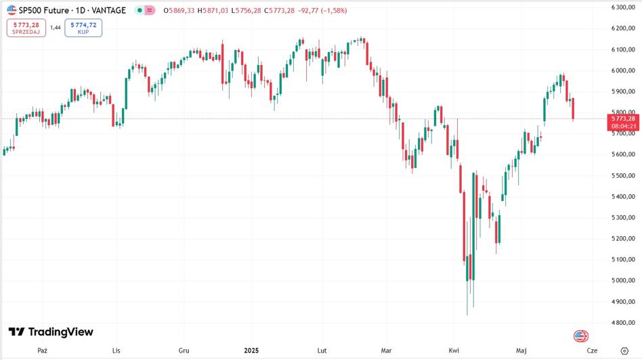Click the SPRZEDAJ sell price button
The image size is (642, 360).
tap(26, 28)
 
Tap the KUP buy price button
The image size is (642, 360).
tap(83, 28)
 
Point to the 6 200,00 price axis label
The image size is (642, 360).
tap(622, 28)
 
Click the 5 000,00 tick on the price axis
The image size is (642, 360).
tap(622, 281)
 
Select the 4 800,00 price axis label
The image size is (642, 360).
tap(622, 323)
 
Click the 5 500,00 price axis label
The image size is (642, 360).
tap(622, 176)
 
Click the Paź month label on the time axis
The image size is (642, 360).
tap(43, 351)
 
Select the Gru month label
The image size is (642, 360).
tap(184, 351)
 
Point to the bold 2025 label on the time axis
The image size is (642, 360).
tap(251, 351)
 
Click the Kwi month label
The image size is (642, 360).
tap(454, 351)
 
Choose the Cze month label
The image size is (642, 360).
tap(592, 351)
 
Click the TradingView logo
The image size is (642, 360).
tap(51, 332)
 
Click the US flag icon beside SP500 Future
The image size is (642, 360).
tap(12, 10)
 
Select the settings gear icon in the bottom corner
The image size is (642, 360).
tap(624, 351)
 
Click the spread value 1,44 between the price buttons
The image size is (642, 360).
tap(56, 28)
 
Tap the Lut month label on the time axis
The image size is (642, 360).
tap(322, 351)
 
